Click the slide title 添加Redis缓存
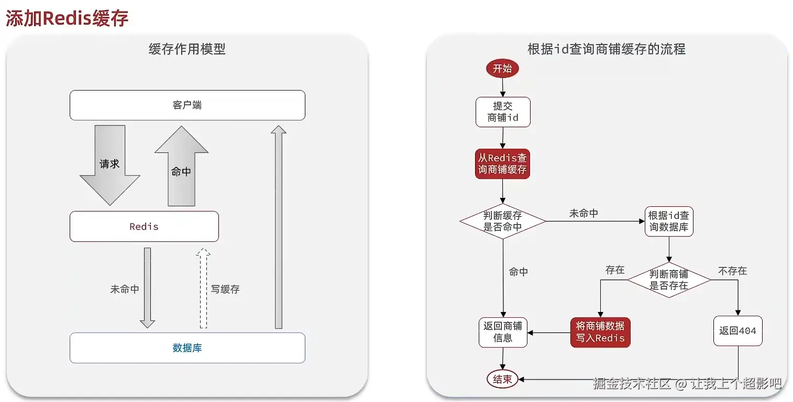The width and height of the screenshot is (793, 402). (x=67, y=18)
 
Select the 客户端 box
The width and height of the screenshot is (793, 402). (x=188, y=105)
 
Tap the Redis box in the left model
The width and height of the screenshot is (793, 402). (x=144, y=227)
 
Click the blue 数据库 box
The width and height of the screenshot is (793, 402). (x=188, y=348)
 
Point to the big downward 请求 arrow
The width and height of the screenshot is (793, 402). (x=110, y=165)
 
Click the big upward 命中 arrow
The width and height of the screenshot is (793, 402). (x=181, y=166)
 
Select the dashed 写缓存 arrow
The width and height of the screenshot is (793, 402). (x=203, y=288)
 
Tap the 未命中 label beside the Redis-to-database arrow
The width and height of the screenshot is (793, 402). (x=125, y=289)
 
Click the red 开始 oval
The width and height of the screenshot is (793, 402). (x=502, y=68)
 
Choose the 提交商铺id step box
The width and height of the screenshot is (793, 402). (x=503, y=112)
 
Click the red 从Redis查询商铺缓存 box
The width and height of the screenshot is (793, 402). (x=502, y=163)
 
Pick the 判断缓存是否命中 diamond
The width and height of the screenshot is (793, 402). (x=503, y=221)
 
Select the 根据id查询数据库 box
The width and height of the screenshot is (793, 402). (x=669, y=221)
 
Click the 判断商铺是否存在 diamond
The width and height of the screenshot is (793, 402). (x=669, y=280)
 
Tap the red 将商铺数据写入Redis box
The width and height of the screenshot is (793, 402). (x=600, y=332)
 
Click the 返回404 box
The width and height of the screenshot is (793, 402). (x=738, y=331)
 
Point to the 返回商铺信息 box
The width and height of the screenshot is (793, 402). (x=503, y=332)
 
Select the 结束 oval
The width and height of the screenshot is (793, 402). (x=502, y=379)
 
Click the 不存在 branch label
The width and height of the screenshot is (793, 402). (x=732, y=271)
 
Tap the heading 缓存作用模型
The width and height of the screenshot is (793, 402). (x=188, y=49)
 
